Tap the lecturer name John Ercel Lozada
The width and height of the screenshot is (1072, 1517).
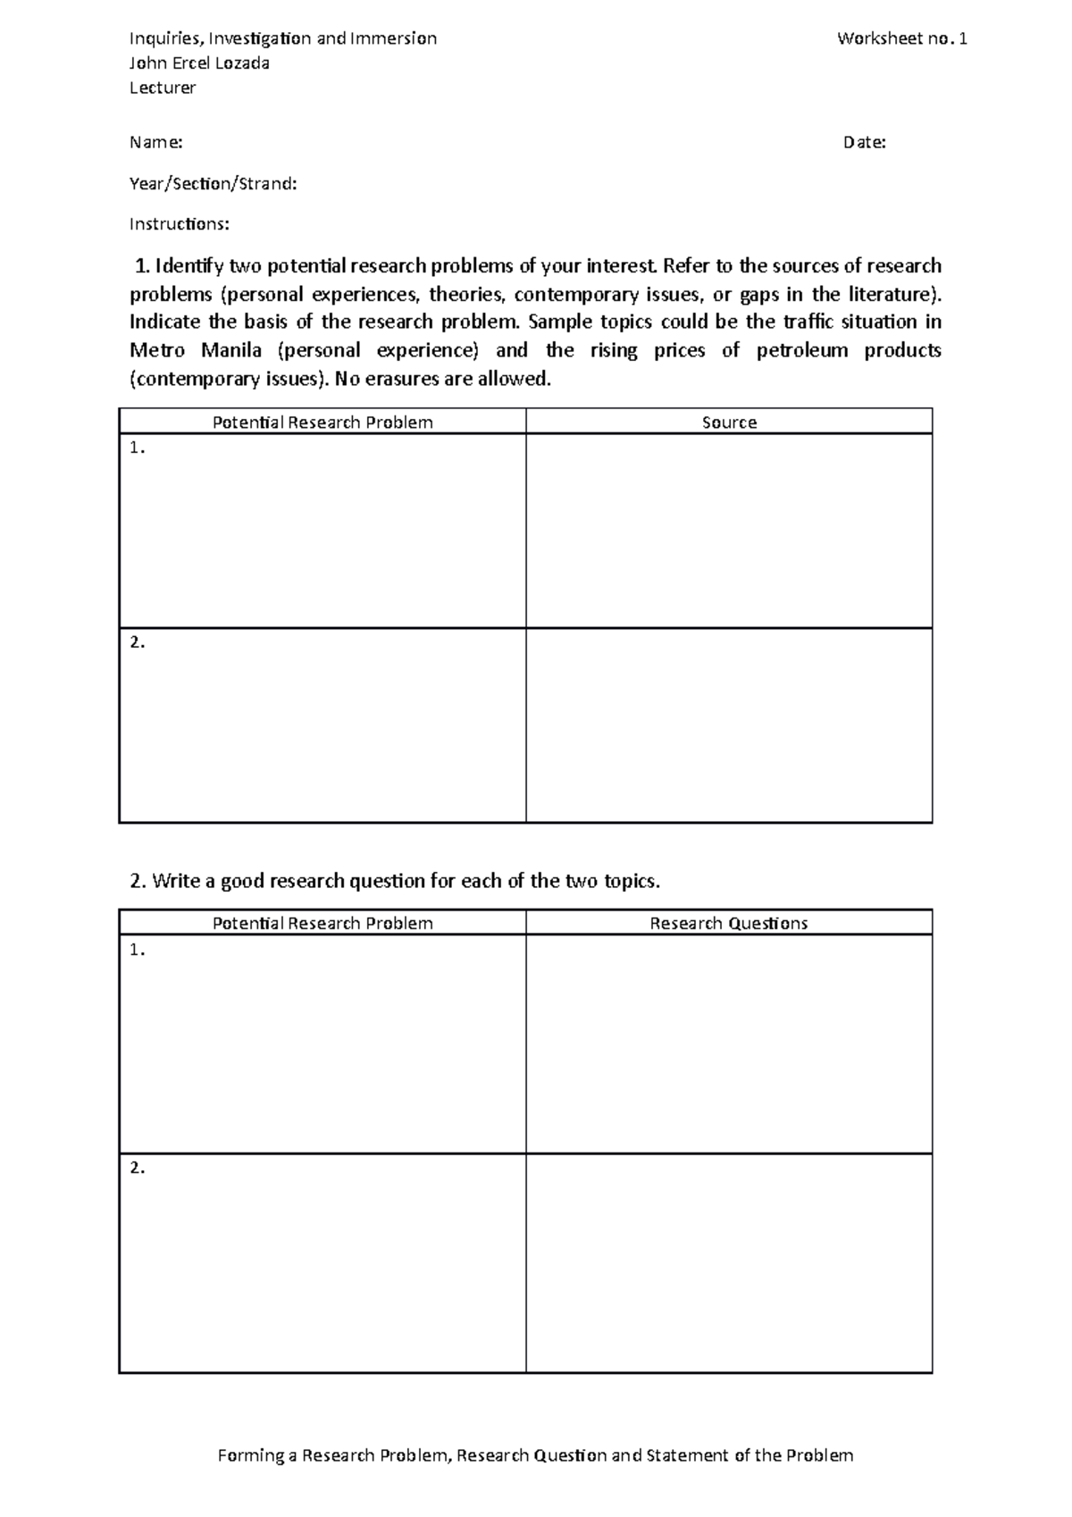point(199,63)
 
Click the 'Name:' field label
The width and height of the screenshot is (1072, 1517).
point(156,143)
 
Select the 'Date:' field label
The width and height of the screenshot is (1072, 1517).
point(864,143)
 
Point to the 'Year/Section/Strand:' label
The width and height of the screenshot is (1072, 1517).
point(213,184)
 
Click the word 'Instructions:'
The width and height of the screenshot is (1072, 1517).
point(179,224)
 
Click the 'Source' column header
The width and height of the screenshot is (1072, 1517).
point(729,423)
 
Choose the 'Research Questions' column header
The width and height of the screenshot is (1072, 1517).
point(728,924)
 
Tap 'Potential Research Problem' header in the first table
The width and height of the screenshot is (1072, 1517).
point(322,423)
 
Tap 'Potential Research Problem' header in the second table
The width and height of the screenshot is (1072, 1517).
point(322,924)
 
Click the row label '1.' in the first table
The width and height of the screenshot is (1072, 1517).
point(137,448)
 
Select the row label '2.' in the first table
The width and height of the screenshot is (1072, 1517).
point(137,642)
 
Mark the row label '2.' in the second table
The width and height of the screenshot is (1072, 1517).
point(137,1168)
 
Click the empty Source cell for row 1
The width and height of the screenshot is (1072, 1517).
point(729,531)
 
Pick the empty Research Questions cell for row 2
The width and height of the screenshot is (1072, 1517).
point(729,1262)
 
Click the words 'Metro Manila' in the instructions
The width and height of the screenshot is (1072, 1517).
point(195,350)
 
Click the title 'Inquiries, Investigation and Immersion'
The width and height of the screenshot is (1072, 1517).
point(283,38)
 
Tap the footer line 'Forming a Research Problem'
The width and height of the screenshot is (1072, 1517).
point(536,1455)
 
